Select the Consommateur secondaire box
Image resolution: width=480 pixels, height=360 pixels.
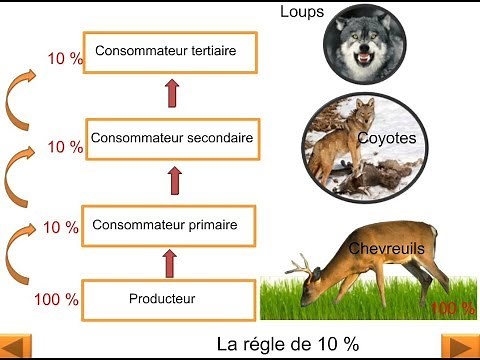click(171, 137)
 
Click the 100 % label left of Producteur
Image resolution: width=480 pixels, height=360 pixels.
click(57, 299)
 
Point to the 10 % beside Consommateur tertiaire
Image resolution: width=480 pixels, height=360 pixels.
click(65, 59)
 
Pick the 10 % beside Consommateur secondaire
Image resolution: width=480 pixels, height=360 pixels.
click(65, 147)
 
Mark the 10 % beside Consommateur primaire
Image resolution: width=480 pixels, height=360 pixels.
click(61, 228)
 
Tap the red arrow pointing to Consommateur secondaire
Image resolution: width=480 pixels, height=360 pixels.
click(175, 181)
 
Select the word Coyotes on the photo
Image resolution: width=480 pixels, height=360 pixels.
click(385, 138)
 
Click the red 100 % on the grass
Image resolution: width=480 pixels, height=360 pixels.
click(452, 307)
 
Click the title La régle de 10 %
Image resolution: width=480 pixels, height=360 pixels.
click(287, 344)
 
